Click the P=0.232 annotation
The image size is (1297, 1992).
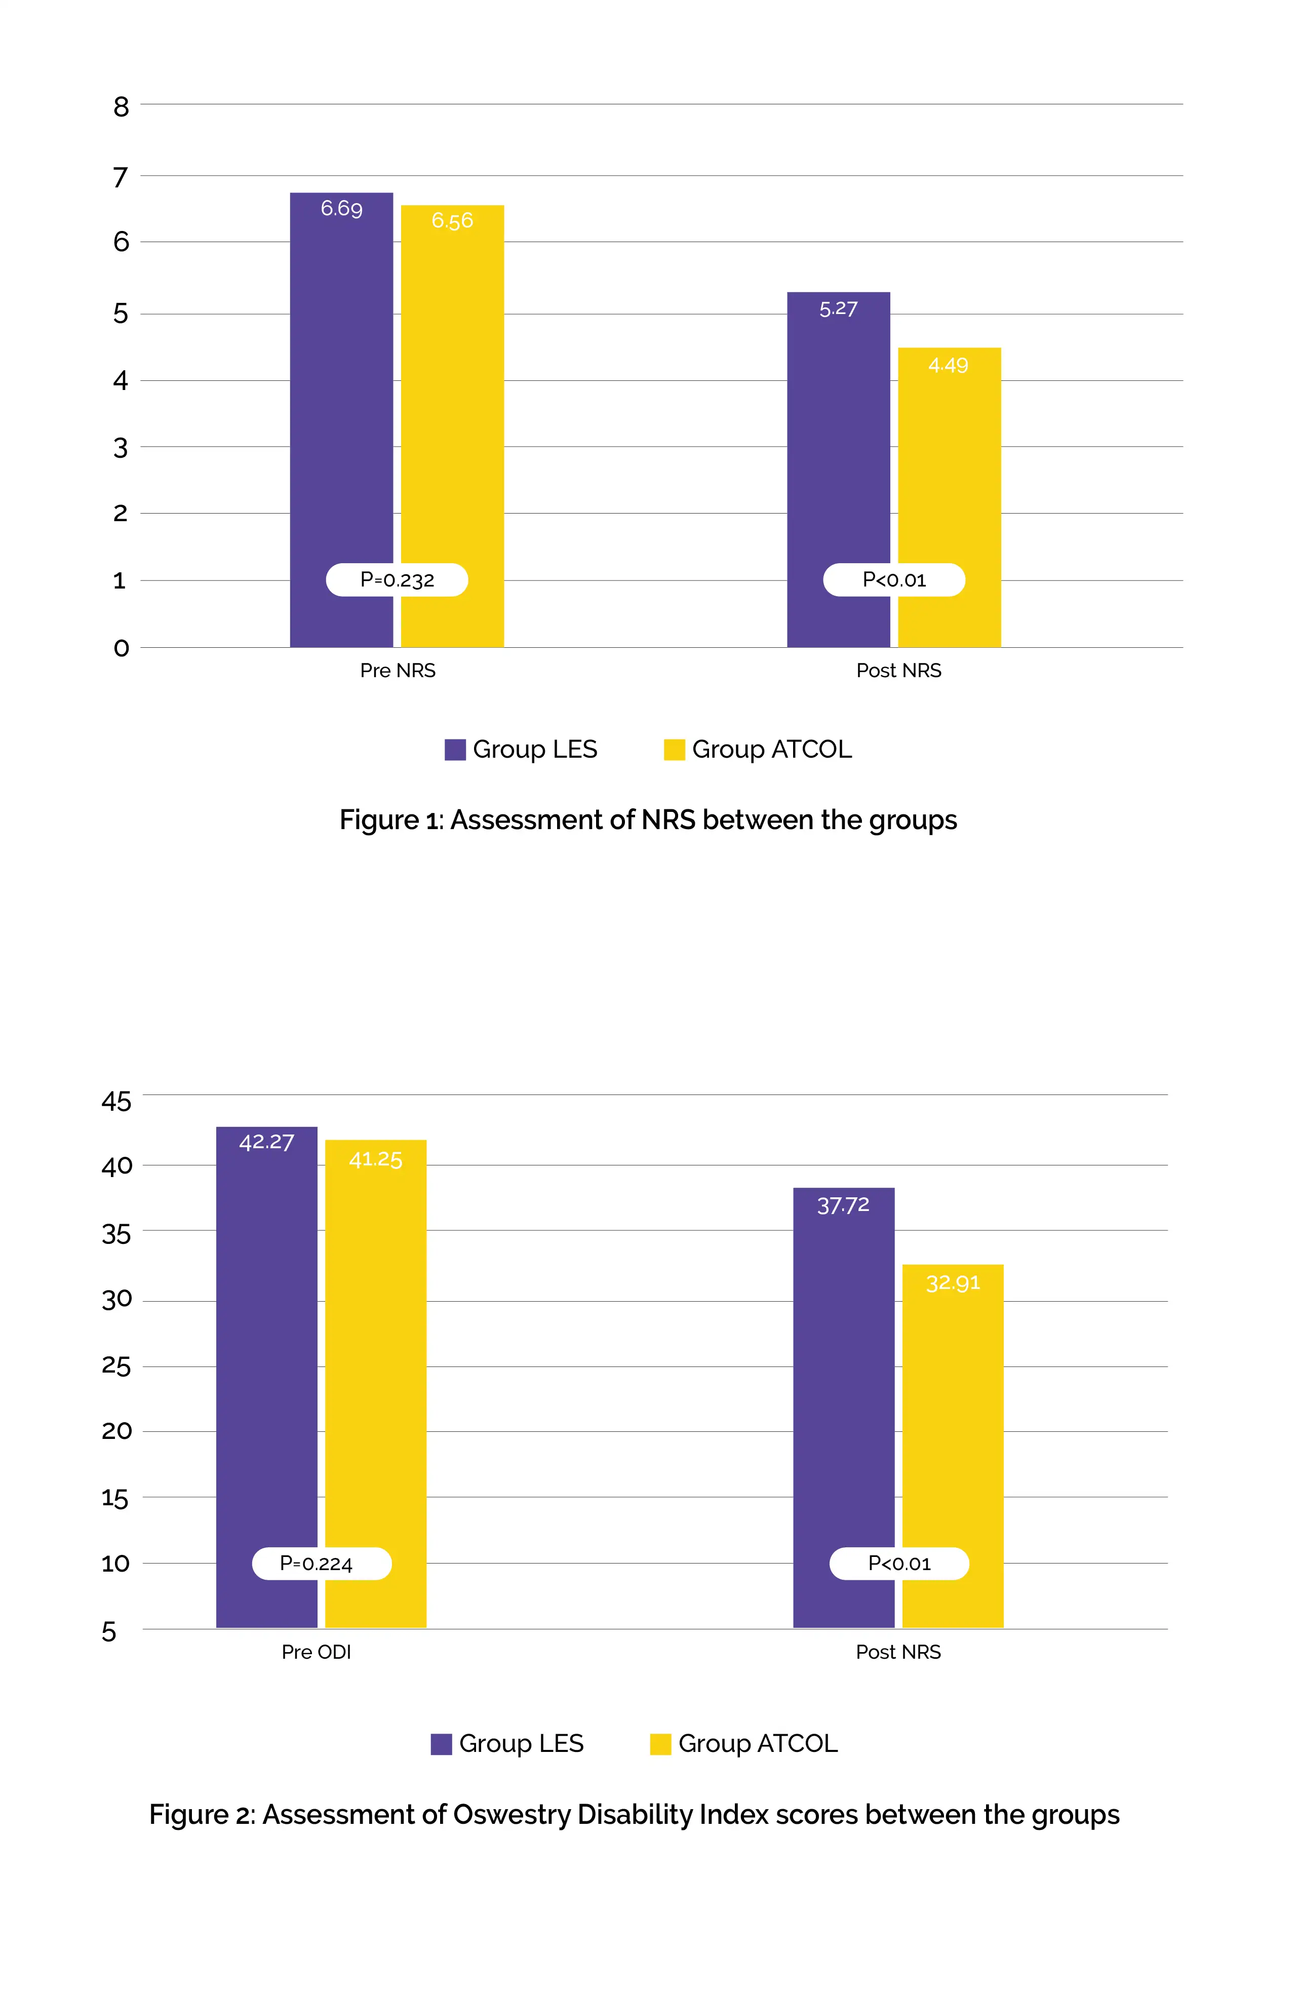(x=397, y=580)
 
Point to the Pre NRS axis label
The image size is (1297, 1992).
(x=398, y=671)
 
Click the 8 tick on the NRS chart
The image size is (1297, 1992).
(x=122, y=106)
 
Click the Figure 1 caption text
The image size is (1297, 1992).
(x=648, y=820)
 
